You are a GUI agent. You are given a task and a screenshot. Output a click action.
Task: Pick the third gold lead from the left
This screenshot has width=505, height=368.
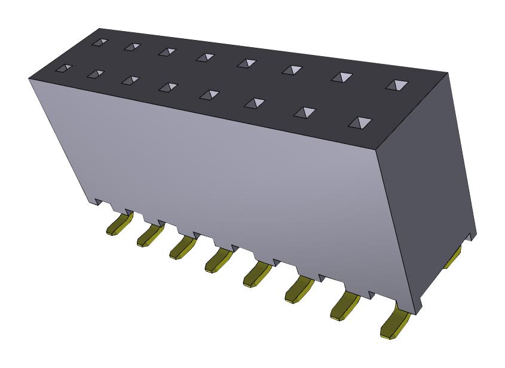click(182, 247)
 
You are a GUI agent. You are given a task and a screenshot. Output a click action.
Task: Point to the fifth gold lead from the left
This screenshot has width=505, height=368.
click(256, 273)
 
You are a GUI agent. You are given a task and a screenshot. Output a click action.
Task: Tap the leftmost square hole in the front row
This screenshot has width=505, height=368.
click(63, 69)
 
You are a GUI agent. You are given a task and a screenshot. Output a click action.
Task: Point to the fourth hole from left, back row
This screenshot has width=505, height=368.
click(205, 57)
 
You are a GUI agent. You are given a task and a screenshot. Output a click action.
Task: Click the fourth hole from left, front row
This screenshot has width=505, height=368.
click(167, 87)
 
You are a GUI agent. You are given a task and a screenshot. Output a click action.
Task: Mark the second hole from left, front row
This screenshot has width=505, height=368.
click(96, 74)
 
